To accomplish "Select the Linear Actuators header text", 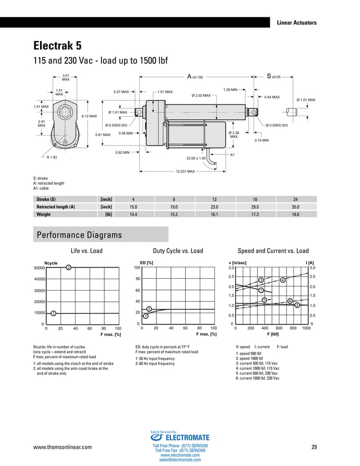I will click(296, 23).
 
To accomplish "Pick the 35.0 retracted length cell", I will click(295, 207).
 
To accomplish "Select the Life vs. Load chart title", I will click(86, 251).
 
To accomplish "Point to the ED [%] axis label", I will click(146, 262).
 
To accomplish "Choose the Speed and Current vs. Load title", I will click(273, 251).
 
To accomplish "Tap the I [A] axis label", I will click(310, 262).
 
